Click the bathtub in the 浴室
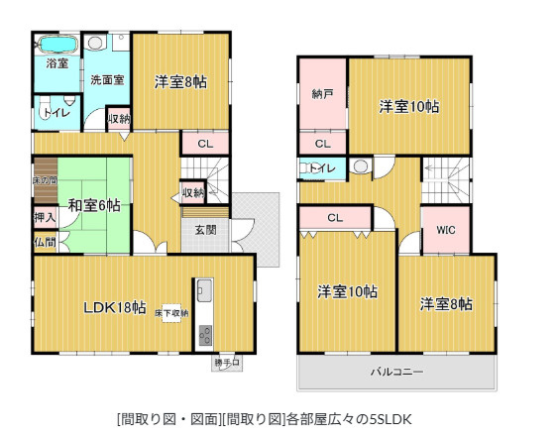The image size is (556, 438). [57, 45]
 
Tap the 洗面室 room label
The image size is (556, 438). [106, 80]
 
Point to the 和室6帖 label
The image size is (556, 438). [95, 206]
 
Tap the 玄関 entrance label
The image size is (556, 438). [205, 230]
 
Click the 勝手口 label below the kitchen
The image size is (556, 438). [226, 363]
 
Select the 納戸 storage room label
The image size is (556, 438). [321, 94]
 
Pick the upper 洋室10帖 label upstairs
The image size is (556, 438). [408, 107]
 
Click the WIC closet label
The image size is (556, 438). [445, 230]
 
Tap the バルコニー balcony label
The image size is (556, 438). [396, 373]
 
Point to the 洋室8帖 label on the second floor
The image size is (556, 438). [444, 303]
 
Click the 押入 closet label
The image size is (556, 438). [45, 216]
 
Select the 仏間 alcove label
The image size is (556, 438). [45, 242]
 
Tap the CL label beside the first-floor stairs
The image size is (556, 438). [204, 145]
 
